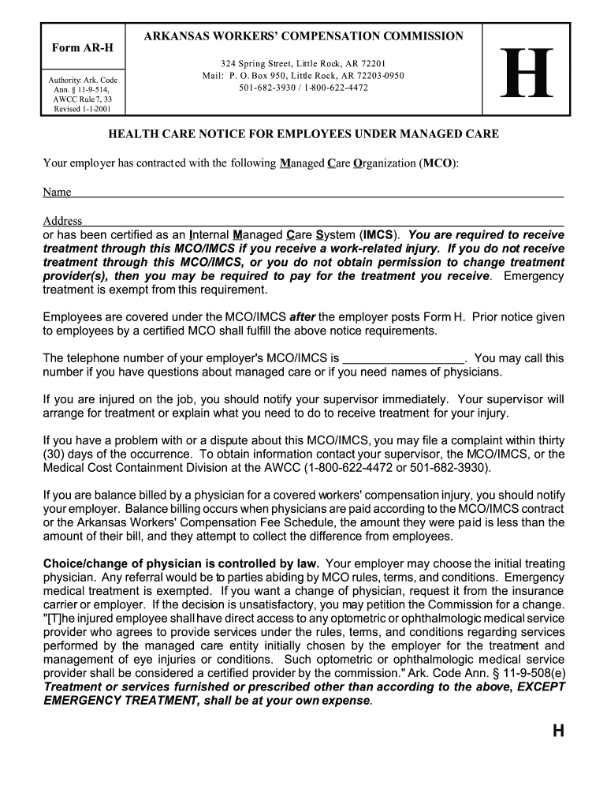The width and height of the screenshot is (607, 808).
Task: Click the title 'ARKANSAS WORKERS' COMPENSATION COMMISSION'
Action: pyautogui.click(x=303, y=36)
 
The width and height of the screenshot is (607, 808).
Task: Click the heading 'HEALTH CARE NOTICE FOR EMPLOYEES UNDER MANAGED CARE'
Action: pyautogui.click(x=303, y=134)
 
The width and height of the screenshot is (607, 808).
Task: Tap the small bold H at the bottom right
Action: pyautogui.click(x=558, y=731)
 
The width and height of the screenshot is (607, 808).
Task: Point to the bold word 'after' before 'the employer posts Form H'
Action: pyautogui.click(x=303, y=317)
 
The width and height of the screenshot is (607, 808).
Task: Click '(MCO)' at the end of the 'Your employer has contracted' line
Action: pyautogui.click(x=438, y=163)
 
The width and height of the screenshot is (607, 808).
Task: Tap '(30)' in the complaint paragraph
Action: pyautogui.click(x=55, y=454)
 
